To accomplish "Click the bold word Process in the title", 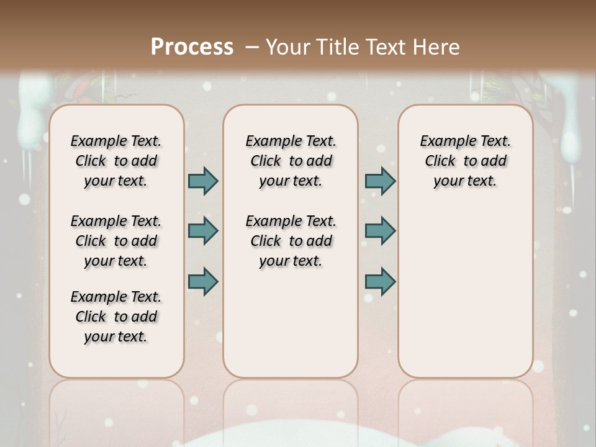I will [x=192, y=47].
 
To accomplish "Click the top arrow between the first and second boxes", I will [x=203, y=181].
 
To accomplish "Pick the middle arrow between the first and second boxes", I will [x=203, y=231].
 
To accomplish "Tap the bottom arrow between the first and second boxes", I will [x=203, y=281].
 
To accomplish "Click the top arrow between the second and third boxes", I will [x=380, y=181].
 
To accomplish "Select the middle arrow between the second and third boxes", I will [x=380, y=231].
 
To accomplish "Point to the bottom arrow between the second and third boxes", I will [x=380, y=281].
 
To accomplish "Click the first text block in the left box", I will [x=116, y=161].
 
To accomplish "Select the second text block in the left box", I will [x=116, y=241].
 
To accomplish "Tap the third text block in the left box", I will [x=116, y=317].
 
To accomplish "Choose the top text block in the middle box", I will [x=291, y=161].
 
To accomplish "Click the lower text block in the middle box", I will [x=291, y=241].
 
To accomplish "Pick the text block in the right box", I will [x=465, y=161].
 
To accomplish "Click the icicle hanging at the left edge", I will [x=29, y=118].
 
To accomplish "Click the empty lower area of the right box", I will [x=465, y=292].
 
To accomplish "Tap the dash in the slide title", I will [x=252, y=48].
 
